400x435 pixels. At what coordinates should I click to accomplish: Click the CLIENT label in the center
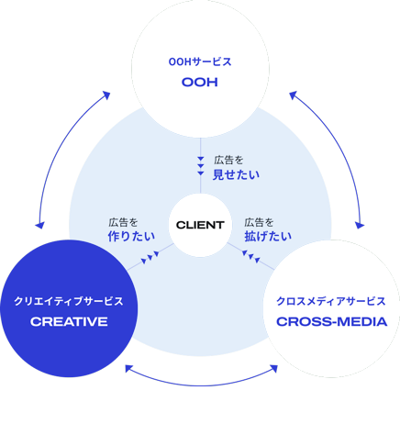(x=200, y=225)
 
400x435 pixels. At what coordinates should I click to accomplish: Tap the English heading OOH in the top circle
(x=200, y=82)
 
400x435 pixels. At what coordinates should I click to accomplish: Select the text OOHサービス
(x=200, y=61)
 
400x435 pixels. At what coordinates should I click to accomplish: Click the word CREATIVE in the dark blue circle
(x=69, y=322)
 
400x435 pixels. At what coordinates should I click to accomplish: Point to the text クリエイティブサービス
(x=69, y=301)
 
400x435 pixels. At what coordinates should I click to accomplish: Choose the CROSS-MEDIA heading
(x=332, y=322)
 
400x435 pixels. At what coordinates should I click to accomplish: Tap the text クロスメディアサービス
(x=331, y=301)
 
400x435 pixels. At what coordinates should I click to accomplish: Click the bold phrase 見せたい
(x=236, y=174)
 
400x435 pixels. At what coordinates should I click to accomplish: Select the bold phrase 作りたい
(x=131, y=236)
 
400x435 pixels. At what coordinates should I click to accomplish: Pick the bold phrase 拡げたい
(x=268, y=236)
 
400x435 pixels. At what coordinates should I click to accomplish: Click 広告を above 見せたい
(x=228, y=160)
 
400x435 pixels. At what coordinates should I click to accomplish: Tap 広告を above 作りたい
(x=123, y=222)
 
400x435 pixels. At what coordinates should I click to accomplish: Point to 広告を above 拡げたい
(x=259, y=222)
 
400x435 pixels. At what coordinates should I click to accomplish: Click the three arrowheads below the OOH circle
(x=201, y=166)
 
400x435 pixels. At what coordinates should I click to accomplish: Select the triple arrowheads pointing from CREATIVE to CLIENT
(x=150, y=257)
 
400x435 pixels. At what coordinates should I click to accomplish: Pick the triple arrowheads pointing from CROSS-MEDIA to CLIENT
(x=251, y=257)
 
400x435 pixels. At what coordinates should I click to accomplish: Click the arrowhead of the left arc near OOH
(x=106, y=95)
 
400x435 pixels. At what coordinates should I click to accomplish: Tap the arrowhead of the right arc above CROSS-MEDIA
(x=360, y=225)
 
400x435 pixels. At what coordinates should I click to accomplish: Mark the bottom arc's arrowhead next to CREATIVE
(x=129, y=369)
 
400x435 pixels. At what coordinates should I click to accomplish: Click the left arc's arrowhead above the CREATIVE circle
(x=39, y=225)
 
